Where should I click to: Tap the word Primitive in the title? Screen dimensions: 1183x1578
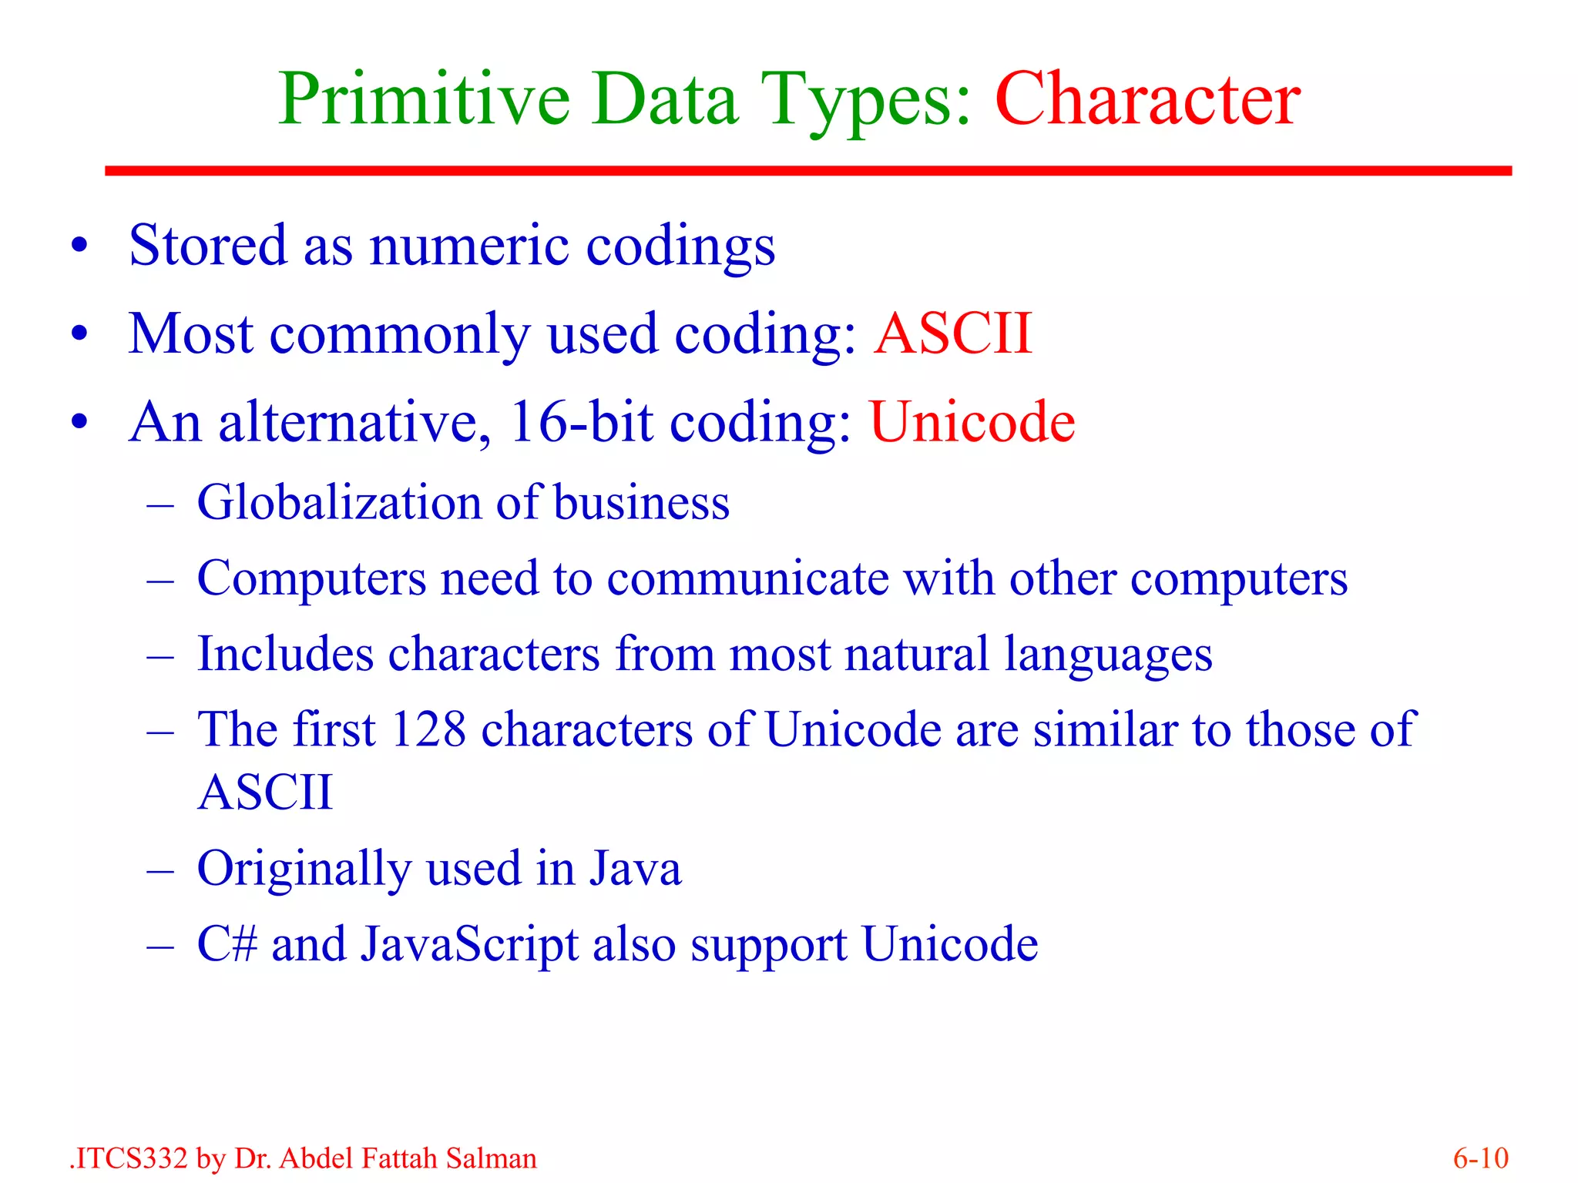[x=424, y=100]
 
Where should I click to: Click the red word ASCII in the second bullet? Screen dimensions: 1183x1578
[x=952, y=333]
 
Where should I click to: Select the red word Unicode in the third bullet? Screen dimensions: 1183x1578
[x=972, y=422]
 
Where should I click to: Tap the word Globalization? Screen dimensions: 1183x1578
[x=339, y=502]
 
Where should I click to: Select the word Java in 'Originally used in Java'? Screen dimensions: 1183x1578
[x=636, y=868]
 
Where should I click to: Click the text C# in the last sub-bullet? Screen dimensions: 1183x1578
[x=227, y=943]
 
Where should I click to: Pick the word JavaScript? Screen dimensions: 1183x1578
[x=469, y=944]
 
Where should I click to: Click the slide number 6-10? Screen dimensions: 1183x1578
[x=1480, y=1158]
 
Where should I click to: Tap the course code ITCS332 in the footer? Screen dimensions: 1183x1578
[x=130, y=1158]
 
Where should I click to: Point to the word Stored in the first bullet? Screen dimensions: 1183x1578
[x=208, y=245]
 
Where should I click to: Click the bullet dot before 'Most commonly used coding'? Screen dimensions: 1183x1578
[x=79, y=334]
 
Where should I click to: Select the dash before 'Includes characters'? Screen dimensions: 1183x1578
[x=160, y=655]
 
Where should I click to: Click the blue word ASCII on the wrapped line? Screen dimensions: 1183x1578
[x=265, y=792]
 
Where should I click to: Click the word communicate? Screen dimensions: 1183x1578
[x=747, y=578]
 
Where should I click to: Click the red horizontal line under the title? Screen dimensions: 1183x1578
[x=807, y=170]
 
